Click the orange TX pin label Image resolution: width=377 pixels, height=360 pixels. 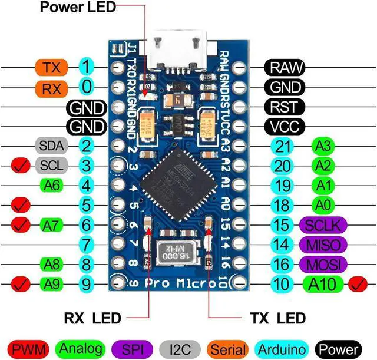52,67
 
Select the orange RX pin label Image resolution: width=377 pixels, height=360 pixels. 52,88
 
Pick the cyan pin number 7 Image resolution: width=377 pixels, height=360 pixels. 87,243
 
